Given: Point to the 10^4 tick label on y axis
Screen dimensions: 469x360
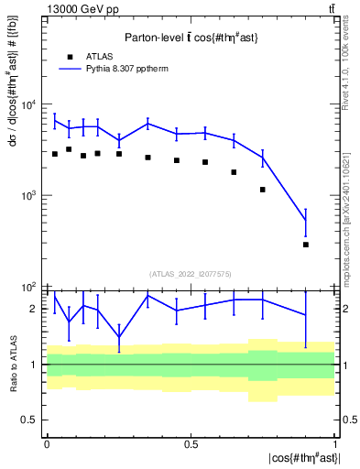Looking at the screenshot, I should [29, 105].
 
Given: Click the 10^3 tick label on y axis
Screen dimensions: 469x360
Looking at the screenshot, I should [29, 196].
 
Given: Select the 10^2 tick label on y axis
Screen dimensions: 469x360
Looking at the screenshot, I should [29, 287].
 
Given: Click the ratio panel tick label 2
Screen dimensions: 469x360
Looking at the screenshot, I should [34, 310].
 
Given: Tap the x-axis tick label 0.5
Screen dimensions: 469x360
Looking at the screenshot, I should [191, 443].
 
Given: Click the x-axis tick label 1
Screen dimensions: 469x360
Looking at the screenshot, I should [335, 443].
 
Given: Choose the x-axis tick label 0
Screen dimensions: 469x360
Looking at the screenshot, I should [47, 443].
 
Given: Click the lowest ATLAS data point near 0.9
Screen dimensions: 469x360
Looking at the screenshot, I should [306, 245].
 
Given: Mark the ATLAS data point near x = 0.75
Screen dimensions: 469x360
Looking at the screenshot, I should [263, 190].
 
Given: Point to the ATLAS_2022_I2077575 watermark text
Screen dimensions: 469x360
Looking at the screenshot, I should [191, 273].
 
